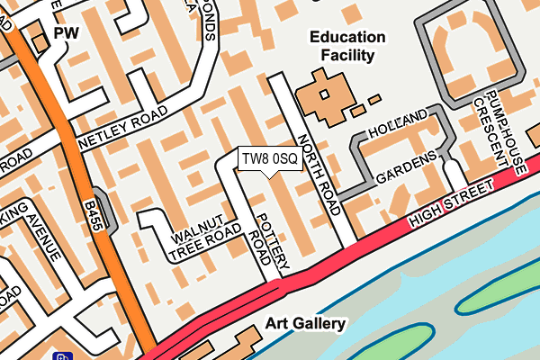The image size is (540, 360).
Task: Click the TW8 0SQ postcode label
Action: pyautogui.click(x=269, y=159)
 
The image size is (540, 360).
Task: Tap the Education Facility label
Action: pyautogui.click(x=347, y=46)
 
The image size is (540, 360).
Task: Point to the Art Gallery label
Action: pyautogui.click(x=305, y=322)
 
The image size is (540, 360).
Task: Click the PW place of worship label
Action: pyautogui.click(x=67, y=33)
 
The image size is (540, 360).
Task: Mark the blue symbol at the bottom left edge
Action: pyautogui.click(x=63, y=355)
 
